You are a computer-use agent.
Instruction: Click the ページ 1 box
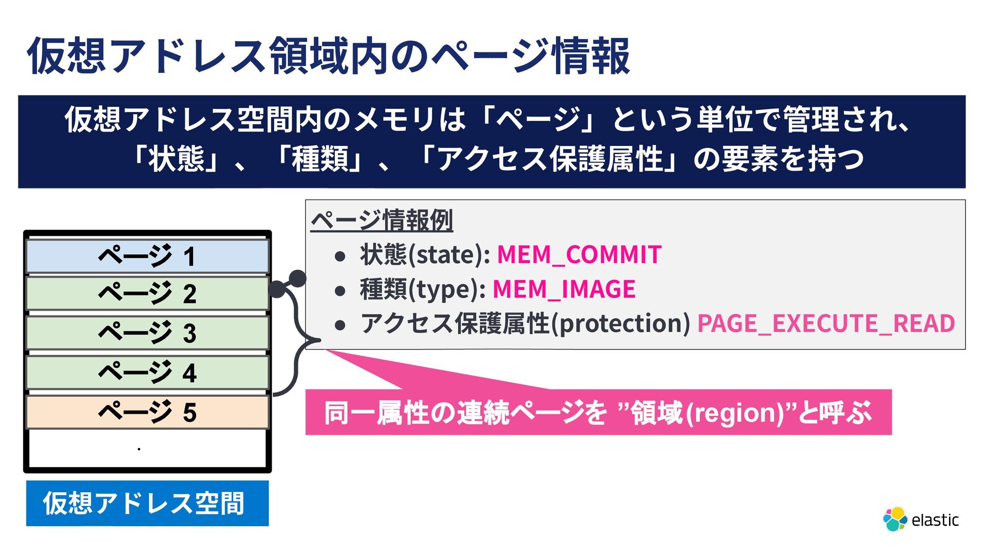point(147,256)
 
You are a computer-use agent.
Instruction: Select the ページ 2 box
point(147,293)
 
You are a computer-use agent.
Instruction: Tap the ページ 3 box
point(147,333)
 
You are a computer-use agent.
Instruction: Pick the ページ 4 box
point(147,373)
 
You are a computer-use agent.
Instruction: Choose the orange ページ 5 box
point(147,412)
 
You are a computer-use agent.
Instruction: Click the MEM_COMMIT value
point(579,255)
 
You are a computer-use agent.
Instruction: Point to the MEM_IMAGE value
point(564,289)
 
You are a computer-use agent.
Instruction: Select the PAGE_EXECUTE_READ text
point(826,324)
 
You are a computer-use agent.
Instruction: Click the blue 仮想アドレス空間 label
point(147,503)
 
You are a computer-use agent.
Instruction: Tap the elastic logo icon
point(895,519)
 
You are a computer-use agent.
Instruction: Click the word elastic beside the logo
point(935,520)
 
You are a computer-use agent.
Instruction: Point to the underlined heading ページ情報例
point(382,220)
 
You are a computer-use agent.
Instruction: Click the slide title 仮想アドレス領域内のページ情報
point(329,55)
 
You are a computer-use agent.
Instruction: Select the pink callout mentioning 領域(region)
point(598,413)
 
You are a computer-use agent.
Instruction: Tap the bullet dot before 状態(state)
point(339,255)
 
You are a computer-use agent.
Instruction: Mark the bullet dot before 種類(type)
point(339,290)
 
